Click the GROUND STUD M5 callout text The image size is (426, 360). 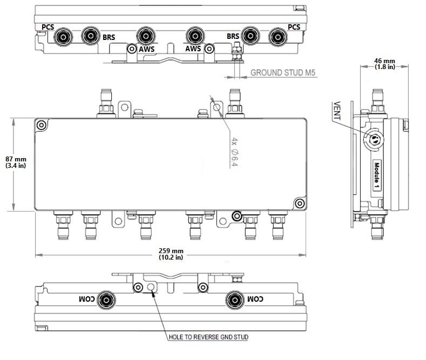(x=282, y=73)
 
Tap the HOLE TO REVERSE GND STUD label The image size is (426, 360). (x=208, y=337)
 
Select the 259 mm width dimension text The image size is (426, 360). (x=171, y=254)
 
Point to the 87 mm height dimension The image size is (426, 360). (x=16, y=162)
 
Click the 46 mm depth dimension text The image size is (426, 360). (x=384, y=64)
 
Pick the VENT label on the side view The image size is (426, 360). (x=337, y=111)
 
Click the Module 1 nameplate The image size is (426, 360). (x=376, y=175)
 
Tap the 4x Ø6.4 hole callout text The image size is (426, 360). (x=234, y=152)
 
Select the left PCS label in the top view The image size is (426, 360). (x=48, y=27)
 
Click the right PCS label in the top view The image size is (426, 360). (x=294, y=27)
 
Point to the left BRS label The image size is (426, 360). (x=109, y=37)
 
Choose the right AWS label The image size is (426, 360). (x=193, y=49)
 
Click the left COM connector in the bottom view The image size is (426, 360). (x=106, y=300)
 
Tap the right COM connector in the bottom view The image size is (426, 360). (x=235, y=300)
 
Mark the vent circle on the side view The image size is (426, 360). (x=374, y=139)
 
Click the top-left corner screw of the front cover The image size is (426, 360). (x=42, y=125)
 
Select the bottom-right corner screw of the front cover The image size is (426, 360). (x=300, y=203)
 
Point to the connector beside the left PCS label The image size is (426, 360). (x=63, y=37)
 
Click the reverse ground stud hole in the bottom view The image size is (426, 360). (x=151, y=287)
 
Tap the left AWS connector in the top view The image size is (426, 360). (x=146, y=36)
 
